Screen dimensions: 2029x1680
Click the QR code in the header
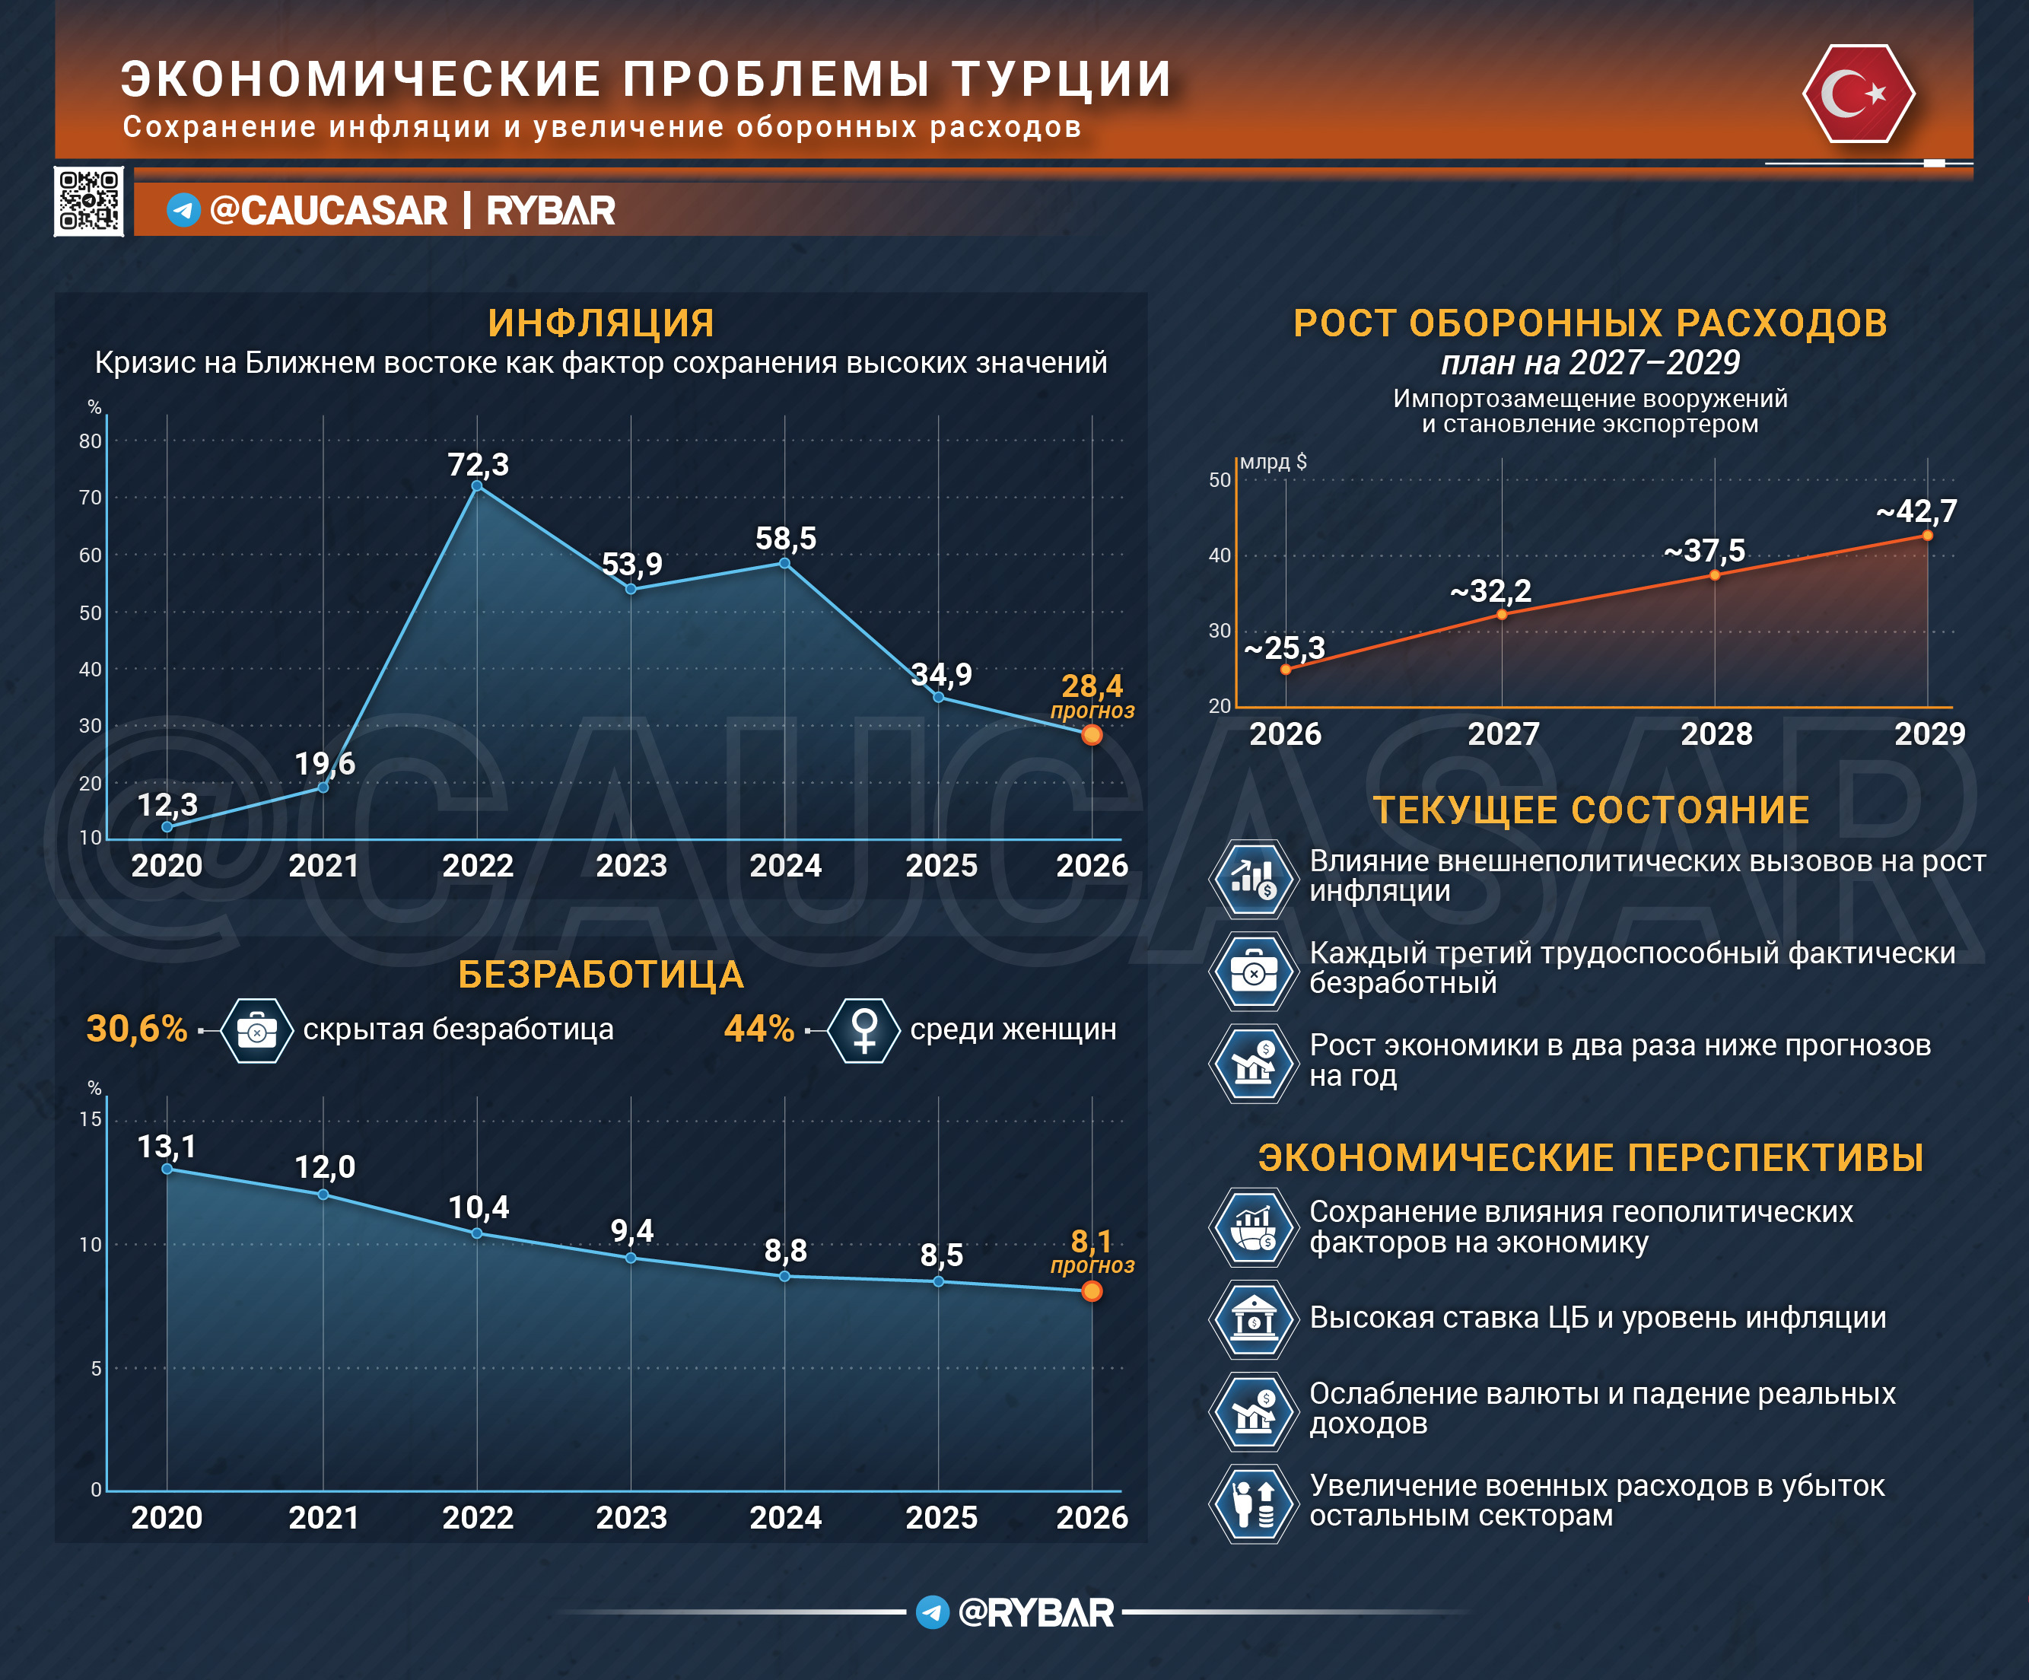tap(89, 201)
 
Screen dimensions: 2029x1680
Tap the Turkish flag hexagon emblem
tap(1858, 94)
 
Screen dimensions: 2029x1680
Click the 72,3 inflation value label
tap(479, 465)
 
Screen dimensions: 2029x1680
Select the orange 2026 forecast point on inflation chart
tap(1092, 735)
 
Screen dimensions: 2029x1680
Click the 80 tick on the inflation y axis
tap(90, 441)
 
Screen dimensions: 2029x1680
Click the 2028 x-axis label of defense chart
tap(1716, 734)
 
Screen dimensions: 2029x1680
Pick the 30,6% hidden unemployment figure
tap(136, 1029)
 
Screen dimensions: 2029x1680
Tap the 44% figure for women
tap(759, 1029)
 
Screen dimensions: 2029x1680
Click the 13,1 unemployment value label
tap(167, 1147)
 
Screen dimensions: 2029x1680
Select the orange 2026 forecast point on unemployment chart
tap(1092, 1292)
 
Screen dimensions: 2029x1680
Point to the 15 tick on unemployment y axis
tap(90, 1120)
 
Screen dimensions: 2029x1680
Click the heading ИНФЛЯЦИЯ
tap(601, 323)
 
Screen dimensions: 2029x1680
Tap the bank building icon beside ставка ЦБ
tap(1253, 1319)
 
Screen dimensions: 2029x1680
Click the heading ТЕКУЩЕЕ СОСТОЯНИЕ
tap(1592, 810)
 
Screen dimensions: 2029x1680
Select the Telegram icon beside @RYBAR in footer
tap(933, 1612)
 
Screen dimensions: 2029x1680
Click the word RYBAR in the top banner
tap(551, 211)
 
